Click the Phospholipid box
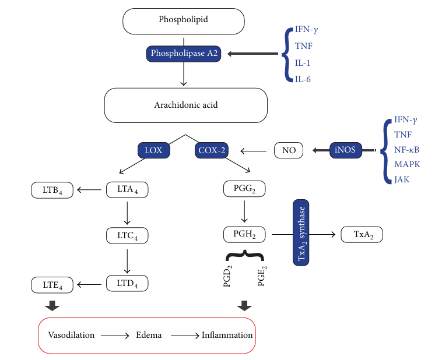(183, 20)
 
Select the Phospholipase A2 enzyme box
(184, 54)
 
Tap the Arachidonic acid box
(185, 105)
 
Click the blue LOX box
(154, 150)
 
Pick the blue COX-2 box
(212, 150)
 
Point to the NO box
(289, 150)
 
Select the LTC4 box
(127, 235)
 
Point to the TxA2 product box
(362, 235)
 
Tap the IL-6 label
(303, 79)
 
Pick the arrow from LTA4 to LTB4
(90, 189)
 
